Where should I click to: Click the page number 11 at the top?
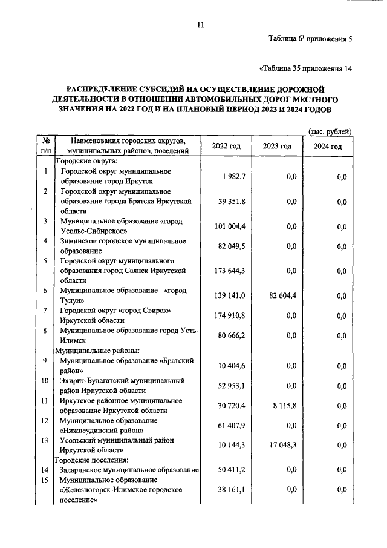(201, 25)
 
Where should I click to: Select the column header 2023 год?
(278, 147)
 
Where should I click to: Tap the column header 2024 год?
(328, 147)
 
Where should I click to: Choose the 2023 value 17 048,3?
(279, 445)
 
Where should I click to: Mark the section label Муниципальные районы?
(98, 350)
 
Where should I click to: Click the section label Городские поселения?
(96, 460)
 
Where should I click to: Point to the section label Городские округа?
(87, 162)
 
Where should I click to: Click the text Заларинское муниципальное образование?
(129, 470)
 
